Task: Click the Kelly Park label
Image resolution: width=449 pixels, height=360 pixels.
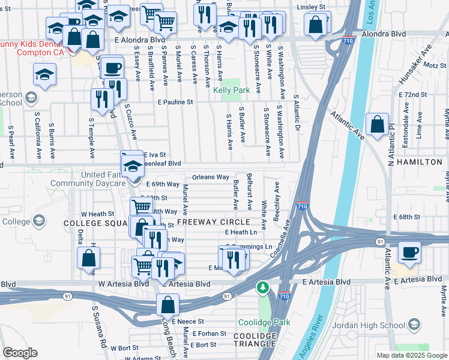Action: pyautogui.click(x=232, y=91)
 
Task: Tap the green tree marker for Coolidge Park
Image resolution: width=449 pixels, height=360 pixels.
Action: pyautogui.click(x=262, y=288)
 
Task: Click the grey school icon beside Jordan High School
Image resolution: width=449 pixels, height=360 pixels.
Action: pyautogui.click(x=413, y=326)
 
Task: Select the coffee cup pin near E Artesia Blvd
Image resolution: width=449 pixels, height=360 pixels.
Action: pyautogui.click(x=410, y=253)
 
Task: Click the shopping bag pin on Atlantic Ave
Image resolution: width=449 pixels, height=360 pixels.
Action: pyautogui.click(x=376, y=125)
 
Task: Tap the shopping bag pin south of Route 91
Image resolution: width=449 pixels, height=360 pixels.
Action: pyautogui.click(x=168, y=305)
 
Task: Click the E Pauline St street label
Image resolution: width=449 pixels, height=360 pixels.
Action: pyautogui.click(x=176, y=103)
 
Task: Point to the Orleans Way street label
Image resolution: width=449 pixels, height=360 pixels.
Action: pyautogui.click(x=210, y=178)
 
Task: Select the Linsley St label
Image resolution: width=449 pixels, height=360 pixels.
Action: pyautogui.click(x=312, y=7)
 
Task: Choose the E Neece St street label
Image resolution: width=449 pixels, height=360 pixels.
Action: pyautogui.click(x=188, y=322)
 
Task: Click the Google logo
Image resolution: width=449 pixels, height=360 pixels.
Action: pyautogui.click(x=20, y=353)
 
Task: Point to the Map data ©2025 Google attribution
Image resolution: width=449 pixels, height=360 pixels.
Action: pyautogui.click(x=411, y=355)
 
